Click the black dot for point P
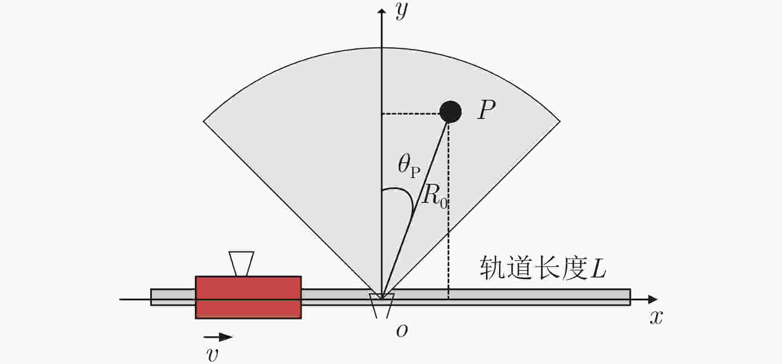450,112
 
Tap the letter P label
487,110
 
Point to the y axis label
402,11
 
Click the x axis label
656,318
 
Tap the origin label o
402,330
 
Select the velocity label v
212,355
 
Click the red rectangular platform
248,297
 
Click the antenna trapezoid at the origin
381,306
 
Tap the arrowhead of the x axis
653,299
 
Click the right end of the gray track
630,297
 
